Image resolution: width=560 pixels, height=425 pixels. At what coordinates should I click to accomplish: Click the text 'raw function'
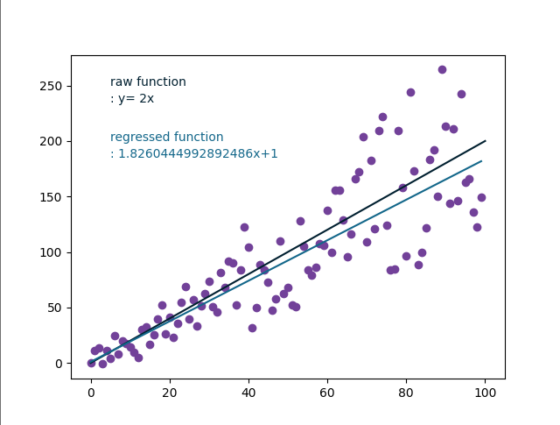tap(148, 82)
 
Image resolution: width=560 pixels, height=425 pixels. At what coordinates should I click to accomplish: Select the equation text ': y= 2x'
tap(132, 99)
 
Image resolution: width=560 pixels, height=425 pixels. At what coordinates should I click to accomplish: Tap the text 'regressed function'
tap(166, 138)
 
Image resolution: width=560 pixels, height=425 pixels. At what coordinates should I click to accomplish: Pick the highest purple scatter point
tap(442, 69)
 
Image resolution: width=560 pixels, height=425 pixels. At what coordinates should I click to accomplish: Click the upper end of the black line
tap(485, 141)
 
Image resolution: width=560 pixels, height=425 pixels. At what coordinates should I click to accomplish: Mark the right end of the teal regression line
tap(481, 161)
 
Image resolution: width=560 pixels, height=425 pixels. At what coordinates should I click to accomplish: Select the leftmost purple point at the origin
tap(91, 363)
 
